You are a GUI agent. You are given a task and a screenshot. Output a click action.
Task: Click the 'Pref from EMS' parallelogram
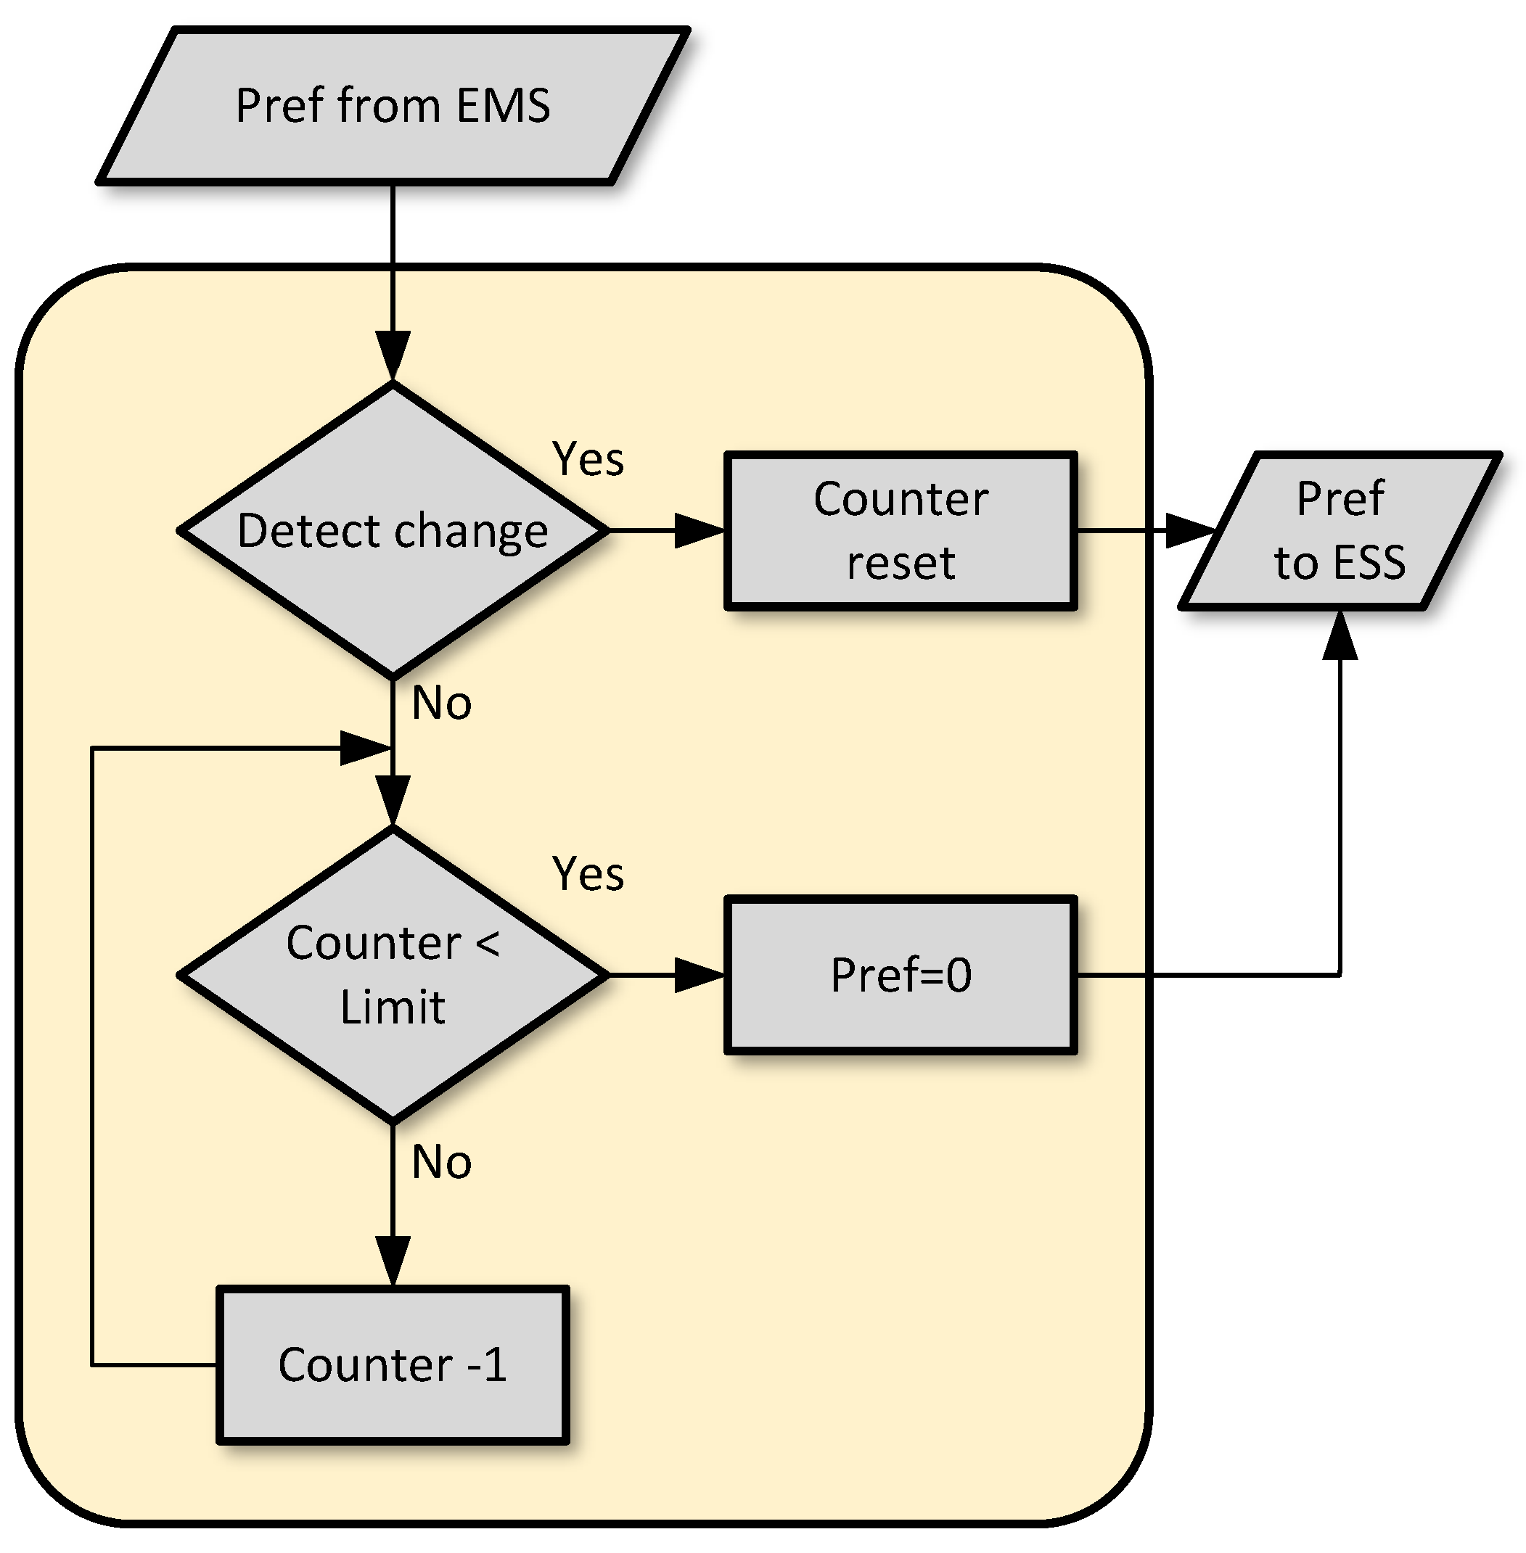click(x=393, y=106)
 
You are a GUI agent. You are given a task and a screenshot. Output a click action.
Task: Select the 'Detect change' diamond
click(x=393, y=530)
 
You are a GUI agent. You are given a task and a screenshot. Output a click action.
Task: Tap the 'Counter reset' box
click(x=900, y=530)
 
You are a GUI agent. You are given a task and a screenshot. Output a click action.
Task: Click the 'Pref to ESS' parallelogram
click(x=1340, y=530)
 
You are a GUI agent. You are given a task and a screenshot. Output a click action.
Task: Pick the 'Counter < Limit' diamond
click(x=393, y=974)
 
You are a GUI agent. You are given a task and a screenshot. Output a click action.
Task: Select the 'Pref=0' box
click(x=900, y=974)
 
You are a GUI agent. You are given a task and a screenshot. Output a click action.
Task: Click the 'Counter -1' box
click(x=393, y=1364)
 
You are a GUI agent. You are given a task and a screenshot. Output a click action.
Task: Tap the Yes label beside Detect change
click(x=588, y=459)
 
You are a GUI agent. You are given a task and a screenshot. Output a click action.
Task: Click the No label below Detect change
click(x=440, y=703)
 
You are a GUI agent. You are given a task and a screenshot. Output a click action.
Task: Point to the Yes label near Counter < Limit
click(x=588, y=873)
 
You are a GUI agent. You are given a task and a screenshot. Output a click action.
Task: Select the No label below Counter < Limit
click(x=440, y=1162)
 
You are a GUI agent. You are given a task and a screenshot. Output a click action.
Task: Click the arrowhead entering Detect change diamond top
click(x=393, y=355)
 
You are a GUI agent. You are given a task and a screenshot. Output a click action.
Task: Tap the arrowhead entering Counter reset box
click(x=699, y=530)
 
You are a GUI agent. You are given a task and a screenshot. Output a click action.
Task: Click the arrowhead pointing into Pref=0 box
click(x=699, y=975)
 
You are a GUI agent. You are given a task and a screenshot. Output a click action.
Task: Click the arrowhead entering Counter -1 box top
click(x=393, y=1260)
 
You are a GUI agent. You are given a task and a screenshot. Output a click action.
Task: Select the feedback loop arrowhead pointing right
click(x=365, y=748)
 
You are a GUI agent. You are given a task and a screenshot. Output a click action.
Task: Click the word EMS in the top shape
click(x=504, y=106)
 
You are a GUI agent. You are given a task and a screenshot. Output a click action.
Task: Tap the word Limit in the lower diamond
click(x=393, y=1008)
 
